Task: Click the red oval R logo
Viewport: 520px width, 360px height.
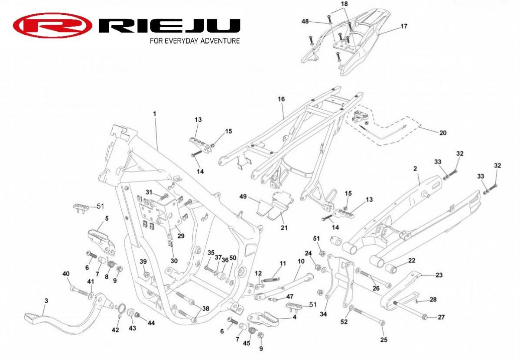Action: coord(52,26)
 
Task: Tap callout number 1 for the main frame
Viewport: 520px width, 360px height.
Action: coord(155,114)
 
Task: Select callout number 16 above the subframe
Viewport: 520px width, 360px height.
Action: coord(281,99)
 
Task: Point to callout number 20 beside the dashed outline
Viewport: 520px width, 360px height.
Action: coord(443,133)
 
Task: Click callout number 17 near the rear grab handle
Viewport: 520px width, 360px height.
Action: coord(404,26)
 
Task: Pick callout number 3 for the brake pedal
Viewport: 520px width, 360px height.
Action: coord(46,301)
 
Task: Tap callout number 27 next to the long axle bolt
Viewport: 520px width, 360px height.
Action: coord(441,317)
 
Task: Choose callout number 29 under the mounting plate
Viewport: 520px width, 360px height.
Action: coord(181,236)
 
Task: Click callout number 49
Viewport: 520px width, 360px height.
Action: coord(243,196)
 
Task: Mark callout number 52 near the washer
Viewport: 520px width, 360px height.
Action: coord(344,322)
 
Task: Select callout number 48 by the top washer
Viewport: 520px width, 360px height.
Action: coord(305,21)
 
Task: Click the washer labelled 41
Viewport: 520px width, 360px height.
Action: coord(91,296)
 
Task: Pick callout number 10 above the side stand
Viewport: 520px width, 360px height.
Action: coord(301,261)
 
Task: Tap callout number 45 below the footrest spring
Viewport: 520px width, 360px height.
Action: coord(246,343)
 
